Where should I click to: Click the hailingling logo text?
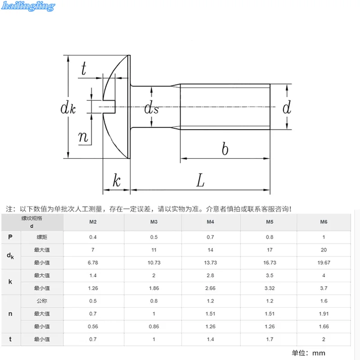click(x=28, y=6)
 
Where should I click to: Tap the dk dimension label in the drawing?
click(x=68, y=108)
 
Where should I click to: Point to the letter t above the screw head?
click(x=84, y=68)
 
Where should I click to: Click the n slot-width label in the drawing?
click(x=83, y=137)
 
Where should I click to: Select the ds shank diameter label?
click(x=151, y=108)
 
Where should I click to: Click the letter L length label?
click(x=200, y=180)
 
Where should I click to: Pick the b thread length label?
click(x=225, y=148)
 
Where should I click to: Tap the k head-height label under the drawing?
click(x=117, y=180)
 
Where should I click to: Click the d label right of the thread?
click(x=287, y=107)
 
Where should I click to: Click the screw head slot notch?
click(x=109, y=107)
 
